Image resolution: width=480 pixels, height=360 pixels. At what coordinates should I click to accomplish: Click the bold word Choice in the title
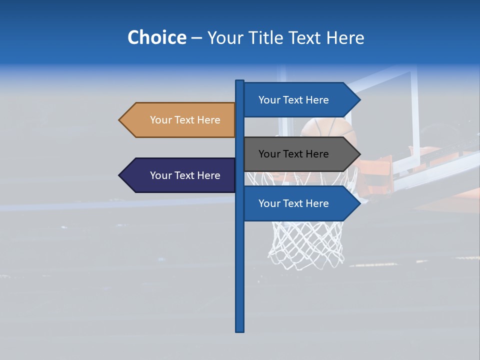coord(156,37)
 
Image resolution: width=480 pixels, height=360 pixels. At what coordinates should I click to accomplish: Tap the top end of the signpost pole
coord(240,81)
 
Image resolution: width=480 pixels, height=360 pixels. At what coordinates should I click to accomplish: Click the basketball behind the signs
coord(325,128)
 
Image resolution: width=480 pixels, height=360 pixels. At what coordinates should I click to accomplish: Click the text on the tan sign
coord(185,120)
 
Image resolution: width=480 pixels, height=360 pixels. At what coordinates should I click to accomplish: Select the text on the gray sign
coord(293,154)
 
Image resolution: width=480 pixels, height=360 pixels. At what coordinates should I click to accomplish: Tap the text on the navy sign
coord(185,175)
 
